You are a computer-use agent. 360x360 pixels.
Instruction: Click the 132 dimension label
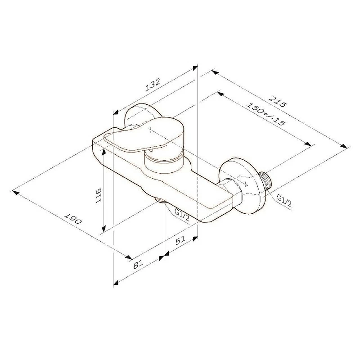click(x=153, y=85)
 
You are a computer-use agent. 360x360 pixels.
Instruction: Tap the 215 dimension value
click(x=278, y=102)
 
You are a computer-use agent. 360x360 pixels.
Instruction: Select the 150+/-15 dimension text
click(x=265, y=114)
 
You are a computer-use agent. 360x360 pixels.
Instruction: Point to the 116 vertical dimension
click(x=99, y=195)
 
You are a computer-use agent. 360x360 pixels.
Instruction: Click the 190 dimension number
click(x=73, y=219)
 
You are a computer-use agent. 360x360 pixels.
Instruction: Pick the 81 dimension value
click(x=138, y=265)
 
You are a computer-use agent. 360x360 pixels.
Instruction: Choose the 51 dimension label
click(x=180, y=240)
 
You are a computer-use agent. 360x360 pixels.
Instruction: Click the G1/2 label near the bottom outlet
click(x=182, y=216)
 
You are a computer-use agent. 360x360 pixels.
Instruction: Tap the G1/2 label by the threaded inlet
click(x=284, y=201)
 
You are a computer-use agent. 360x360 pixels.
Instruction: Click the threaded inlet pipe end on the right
click(x=265, y=180)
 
